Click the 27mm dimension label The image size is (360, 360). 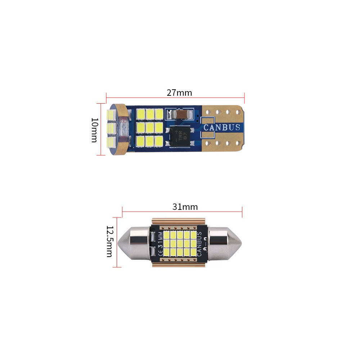click(x=179, y=93)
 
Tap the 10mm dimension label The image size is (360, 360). click(x=95, y=130)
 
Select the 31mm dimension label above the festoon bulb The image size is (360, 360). click(x=185, y=207)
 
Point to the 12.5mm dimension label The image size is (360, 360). click(x=109, y=242)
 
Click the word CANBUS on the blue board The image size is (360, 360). click(x=222, y=127)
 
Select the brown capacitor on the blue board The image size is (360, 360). click(x=181, y=114)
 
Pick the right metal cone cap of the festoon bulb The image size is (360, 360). click(x=225, y=243)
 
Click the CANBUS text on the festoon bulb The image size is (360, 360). click(x=199, y=244)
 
